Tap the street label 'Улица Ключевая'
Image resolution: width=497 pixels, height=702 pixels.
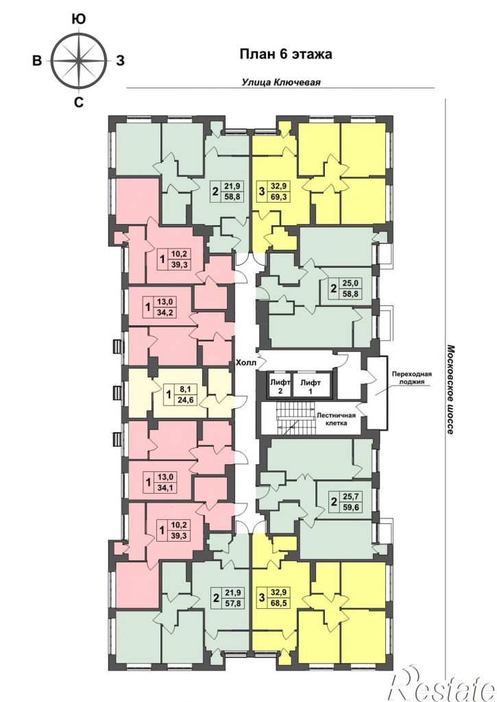[281, 82]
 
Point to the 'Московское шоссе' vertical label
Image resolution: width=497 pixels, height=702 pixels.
[450, 389]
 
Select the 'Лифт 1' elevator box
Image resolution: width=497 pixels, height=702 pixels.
[310, 386]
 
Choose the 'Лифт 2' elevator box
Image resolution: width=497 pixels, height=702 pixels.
[280, 386]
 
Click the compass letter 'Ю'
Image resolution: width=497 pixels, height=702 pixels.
[79, 18]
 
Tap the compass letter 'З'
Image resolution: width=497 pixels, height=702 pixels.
[120, 61]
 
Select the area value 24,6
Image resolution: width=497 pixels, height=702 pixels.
[182, 400]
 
